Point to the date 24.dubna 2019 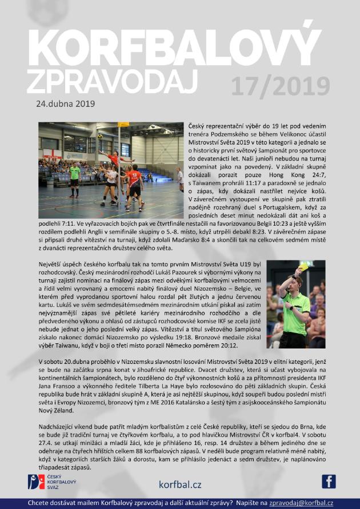pyautogui.click(x=65, y=104)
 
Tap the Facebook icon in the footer pyautogui.click(x=329, y=482)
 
